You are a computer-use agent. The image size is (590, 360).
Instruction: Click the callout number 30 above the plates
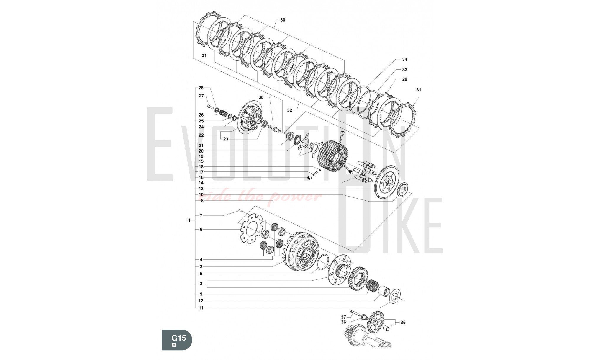click(x=283, y=20)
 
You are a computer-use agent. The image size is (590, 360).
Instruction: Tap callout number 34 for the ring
click(x=404, y=59)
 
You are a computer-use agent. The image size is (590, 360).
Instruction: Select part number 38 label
click(x=261, y=97)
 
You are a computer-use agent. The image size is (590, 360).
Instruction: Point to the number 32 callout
click(x=289, y=110)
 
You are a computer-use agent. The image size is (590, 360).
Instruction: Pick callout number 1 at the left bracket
click(x=189, y=220)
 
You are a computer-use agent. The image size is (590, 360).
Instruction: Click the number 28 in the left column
click(x=201, y=88)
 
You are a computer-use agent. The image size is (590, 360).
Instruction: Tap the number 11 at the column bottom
click(x=201, y=308)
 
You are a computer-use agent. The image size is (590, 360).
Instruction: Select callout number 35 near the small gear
click(x=403, y=323)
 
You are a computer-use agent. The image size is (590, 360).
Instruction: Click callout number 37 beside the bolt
click(x=343, y=317)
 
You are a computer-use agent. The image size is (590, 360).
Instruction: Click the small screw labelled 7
click(x=240, y=211)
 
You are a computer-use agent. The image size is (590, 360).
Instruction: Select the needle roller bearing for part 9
click(x=372, y=285)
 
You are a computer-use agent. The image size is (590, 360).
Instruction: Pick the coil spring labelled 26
click(x=224, y=113)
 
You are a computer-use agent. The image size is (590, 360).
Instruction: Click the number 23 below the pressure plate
click(x=226, y=139)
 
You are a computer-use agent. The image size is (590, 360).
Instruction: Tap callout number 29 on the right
click(x=404, y=79)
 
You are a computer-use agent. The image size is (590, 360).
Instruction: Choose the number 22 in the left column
click(x=201, y=135)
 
